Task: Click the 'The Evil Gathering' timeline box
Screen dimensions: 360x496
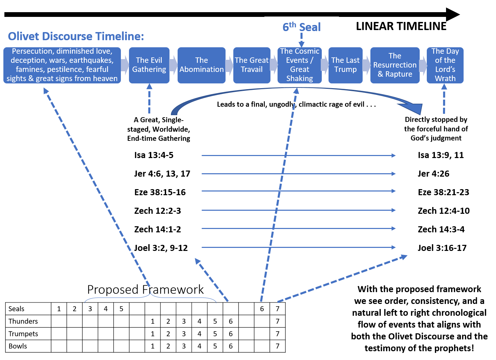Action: [x=149, y=65]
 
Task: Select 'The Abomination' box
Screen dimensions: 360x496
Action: [x=202, y=65]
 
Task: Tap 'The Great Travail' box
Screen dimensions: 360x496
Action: [x=252, y=65]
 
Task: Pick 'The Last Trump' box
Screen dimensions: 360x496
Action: [x=345, y=65]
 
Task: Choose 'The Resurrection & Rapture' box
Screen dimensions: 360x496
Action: [x=395, y=65]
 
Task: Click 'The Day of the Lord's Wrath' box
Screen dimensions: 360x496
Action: [x=445, y=65]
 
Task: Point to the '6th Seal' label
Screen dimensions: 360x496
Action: [x=302, y=27]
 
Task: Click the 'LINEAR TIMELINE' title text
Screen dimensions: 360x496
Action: [x=401, y=26]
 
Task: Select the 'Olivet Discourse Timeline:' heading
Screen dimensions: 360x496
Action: [x=76, y=36]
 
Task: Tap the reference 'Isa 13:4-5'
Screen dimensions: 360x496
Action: [x=154, y=155]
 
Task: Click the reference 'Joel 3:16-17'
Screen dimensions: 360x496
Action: [x=442, y=248]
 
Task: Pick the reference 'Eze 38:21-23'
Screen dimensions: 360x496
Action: [x=443, y=192]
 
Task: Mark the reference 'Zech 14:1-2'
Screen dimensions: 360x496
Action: [x=158, y=229]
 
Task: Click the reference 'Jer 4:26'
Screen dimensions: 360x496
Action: [x=434, y=174]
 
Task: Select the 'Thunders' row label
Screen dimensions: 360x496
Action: [x=23, y=321]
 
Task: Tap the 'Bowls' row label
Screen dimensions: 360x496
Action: [x=18, y=346]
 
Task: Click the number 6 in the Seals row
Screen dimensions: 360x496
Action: [x=262, y=309]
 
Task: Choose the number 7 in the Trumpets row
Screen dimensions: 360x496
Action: [x=278, y=334]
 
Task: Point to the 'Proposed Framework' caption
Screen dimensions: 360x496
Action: [x=146, y=289]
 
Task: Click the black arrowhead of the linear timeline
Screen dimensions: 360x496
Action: [x=452, y=15]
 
